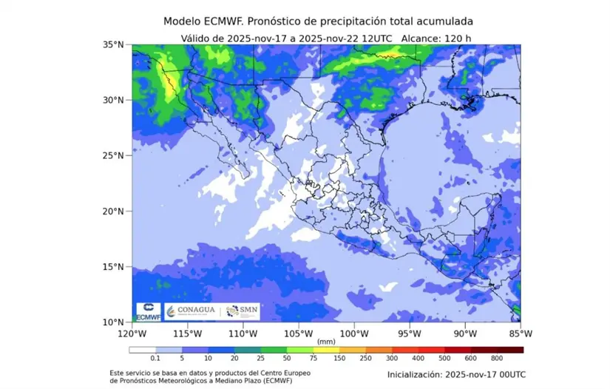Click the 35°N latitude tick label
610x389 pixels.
(x=112, y=44)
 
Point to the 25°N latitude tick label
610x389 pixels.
(x=112, y=155)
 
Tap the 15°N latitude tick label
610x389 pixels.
(x=112, y=266)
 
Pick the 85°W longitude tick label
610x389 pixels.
(x=521, y=332)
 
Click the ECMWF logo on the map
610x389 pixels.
(x=147, y=311)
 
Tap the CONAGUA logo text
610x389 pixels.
(x=195, y=311)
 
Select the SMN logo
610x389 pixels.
(x=242, y=311)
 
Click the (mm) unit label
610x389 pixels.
(x=325, y=341)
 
